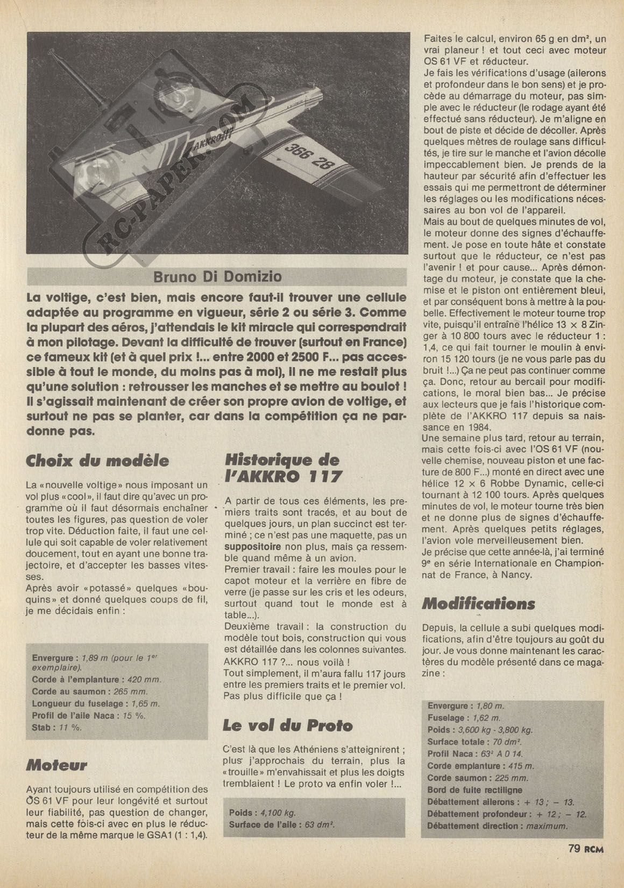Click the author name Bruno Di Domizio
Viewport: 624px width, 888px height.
(x=217, y=277)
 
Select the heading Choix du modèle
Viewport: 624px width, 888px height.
(x=97, y=461)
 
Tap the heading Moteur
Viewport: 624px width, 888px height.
(x=56, y=765)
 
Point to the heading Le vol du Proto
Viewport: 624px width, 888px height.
(x=288, y=725)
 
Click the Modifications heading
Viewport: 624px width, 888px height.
(x=478, y=604)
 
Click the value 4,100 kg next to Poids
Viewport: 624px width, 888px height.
(x=278, y=813)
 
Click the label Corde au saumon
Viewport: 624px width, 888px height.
(x=65, y=691)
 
